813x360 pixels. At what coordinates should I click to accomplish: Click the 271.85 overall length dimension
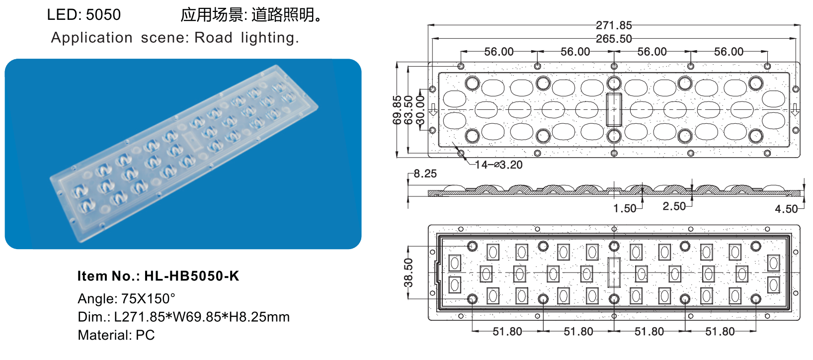(x=614, y=25)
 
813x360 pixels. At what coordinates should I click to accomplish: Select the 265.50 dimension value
(x=614, y=39)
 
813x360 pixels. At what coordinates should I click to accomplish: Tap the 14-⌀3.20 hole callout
(x=498, y=165)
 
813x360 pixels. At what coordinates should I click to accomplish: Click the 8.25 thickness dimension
(x=425, y=174)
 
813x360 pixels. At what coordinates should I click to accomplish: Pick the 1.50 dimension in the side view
(x=624, y=208)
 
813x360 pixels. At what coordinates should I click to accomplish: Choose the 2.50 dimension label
(x=674, y=206)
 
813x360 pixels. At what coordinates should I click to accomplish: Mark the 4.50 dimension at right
(x=786, y=209)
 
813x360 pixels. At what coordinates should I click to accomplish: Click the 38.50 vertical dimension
(x=408, y=272)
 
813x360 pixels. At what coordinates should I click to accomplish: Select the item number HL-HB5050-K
(x=191, y=276)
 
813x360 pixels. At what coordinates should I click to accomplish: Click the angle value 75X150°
(x=148, y=299)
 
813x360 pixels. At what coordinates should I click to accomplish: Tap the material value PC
(x=145, y=335)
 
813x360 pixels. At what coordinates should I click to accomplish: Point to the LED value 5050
(x=103, y=15)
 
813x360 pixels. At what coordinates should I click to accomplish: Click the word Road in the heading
(x=213, y=38)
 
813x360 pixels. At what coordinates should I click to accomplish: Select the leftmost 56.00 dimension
(x=498, y=52)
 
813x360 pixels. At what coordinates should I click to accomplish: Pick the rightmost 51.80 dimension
(x=720, y=332)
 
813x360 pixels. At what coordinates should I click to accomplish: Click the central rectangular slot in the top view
(x=614, y=109)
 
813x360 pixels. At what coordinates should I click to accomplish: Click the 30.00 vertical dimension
(x=420, y=110)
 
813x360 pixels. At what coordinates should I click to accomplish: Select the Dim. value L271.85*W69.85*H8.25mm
(x=202, y=317)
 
